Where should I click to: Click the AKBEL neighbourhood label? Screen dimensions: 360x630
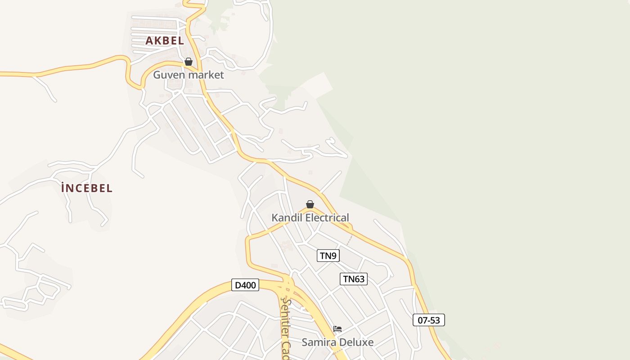click(165, 40)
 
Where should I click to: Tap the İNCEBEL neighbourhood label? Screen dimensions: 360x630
click(87, 188)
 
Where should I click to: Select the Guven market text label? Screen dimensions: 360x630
click(188, 75)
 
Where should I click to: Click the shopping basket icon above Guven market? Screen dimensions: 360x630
click(189, 62)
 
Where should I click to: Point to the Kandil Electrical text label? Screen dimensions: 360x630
click(310, 218)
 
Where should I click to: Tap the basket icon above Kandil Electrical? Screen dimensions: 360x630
click(310, 204)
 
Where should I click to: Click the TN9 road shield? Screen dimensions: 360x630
click(328, 256)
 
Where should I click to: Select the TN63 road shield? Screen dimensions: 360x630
click(354, 279)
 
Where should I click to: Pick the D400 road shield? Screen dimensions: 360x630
click(245, 285)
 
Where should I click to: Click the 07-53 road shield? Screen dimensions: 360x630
click(429, 320)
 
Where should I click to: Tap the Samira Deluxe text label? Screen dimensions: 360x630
click(337, 342)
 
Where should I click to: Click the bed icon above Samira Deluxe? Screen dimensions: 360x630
click(337, 329)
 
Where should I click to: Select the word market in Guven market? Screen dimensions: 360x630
click(206, 75)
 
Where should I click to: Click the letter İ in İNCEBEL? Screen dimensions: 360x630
click(63, 188)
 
